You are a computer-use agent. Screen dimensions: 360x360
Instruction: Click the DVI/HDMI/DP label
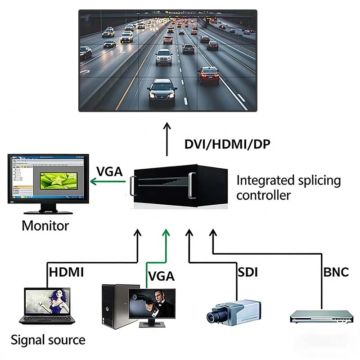click(227, 145)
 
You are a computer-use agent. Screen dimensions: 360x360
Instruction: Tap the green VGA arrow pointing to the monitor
click(108, 182)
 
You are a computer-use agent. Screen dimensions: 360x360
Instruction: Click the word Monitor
click(45, 225)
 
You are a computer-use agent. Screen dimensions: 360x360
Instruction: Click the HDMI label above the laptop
click(66, 272)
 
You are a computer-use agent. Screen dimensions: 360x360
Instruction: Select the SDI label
click(247, 272)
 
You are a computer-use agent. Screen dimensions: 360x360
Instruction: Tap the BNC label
click(336, 272)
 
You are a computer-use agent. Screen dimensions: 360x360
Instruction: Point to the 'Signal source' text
click(48, 340)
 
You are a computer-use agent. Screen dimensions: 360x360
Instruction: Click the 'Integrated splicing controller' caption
click(288, 188)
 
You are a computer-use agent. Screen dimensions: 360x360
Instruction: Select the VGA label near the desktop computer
click(161, 275)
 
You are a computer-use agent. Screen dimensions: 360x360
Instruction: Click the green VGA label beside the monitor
click(109, 171)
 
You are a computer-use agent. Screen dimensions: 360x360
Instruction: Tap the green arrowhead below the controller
click(166, 232)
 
